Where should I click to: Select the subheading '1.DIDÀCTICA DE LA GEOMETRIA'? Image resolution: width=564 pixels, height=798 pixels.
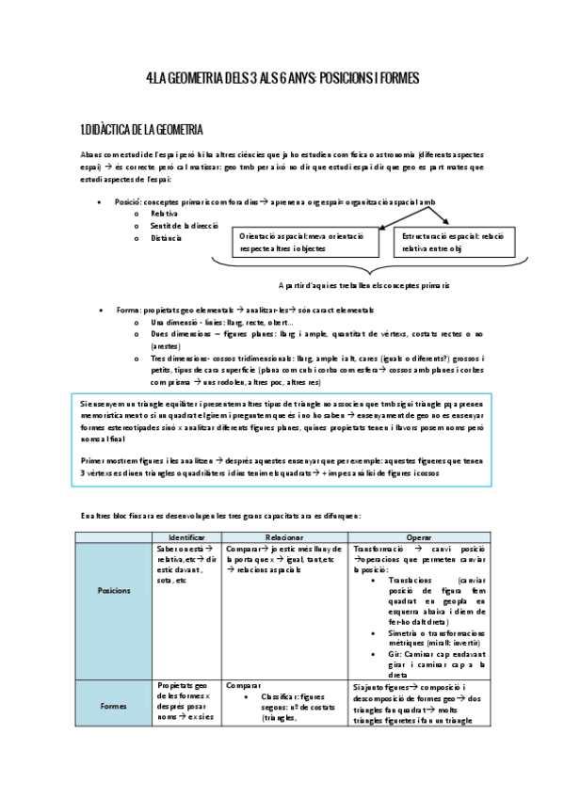[x=142, y=129]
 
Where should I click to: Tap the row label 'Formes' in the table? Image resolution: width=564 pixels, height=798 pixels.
[x=115, y=705]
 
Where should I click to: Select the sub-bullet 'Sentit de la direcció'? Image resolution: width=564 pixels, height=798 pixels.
[x=185, y=226]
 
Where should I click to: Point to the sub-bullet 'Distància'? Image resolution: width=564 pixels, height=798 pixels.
[x=169, y=238]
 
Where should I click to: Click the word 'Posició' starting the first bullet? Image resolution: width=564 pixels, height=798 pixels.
[x=128, y=201]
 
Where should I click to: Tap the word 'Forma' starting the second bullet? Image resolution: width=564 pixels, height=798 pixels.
[x=127, y=310]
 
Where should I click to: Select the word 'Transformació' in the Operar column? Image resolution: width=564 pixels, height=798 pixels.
[x=382, y=548]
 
